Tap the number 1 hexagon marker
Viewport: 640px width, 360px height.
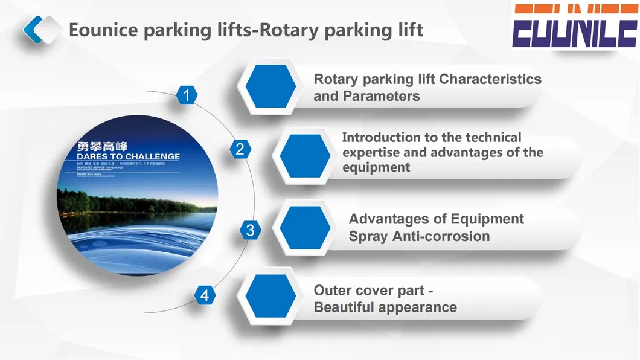(187, 95)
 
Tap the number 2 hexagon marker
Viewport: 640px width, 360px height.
(240, 149)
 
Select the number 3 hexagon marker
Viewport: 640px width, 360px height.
(251, 230)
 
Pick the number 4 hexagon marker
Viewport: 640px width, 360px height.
(205, 295)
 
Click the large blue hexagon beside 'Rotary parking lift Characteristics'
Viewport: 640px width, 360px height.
(270, 86)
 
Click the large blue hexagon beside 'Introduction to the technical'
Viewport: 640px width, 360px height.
(305, 156)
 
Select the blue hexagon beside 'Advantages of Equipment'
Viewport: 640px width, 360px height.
(306, 228)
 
